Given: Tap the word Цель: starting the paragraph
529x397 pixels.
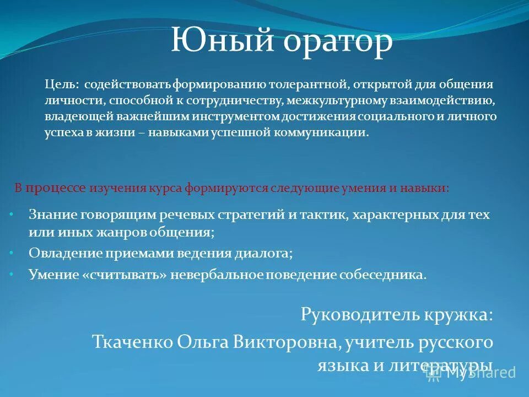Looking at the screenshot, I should point(61,85).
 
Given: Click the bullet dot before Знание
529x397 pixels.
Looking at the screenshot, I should point(12,212).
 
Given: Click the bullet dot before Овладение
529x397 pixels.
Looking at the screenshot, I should point(12,251).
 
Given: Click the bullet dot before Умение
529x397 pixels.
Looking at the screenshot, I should point(12,272).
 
